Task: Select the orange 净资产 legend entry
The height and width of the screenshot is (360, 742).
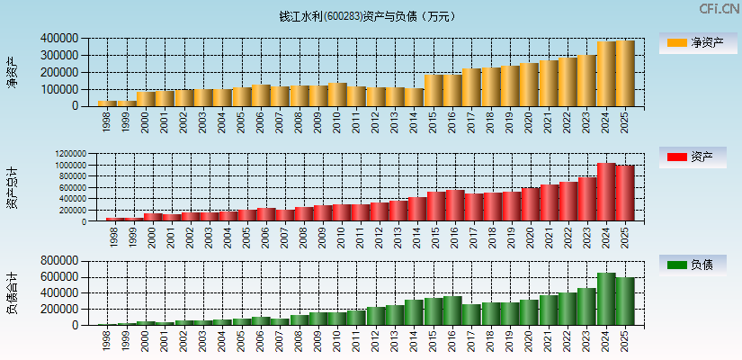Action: click(698, 42)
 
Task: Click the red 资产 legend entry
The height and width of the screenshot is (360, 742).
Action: click(698, 157)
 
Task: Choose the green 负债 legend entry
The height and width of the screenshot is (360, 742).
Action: click(698, 265)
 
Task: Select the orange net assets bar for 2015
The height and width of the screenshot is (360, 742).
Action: click(433, 90)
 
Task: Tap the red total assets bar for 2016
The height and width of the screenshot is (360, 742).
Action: click(452, 205)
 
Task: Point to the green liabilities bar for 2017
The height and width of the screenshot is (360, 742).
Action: click(471, 314)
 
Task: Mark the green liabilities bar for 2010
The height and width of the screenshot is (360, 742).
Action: click(337, 319)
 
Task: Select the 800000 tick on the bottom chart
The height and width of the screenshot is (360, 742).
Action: click(58, 261)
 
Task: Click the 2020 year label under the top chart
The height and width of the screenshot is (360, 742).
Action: click(529, 120)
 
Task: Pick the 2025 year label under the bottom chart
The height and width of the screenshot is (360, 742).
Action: click(625, 339)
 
